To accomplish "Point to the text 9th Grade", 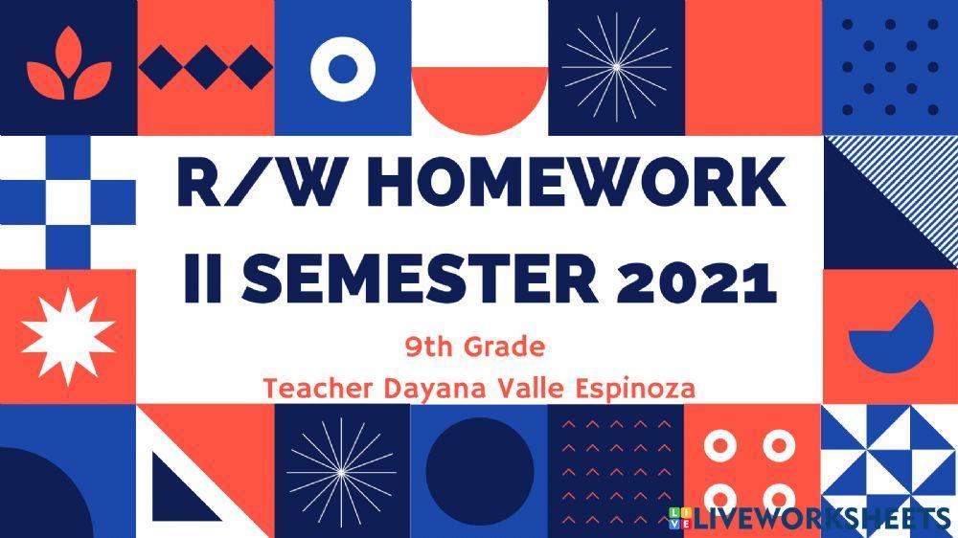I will (x=475, y=346).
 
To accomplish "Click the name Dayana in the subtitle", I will (x=431, y=390).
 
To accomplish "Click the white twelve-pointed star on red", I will (x=67, y=335).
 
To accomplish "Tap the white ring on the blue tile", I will (x=342, y=67).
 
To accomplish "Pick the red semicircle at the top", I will (x=479, y=101).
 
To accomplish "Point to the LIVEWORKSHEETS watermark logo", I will (x=810, y=519).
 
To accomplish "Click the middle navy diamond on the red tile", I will (x=206, y=67).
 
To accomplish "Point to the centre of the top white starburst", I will (x=615, y=67).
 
